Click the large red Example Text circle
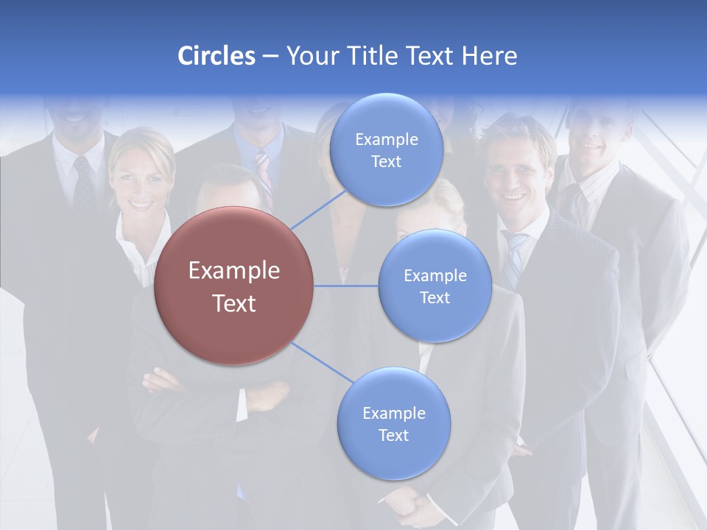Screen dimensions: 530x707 (x=233, y=286)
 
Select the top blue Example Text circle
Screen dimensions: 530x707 (x=386, y=149)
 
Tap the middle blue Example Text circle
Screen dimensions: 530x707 (x=435, y=286)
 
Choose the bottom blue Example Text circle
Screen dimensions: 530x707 (x=393, y=423)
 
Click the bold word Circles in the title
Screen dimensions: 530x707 (x=216, y=56)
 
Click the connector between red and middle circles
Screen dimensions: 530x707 (x=346, y=286)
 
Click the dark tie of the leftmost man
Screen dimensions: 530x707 (x=83, y=184)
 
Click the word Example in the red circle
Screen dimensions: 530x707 (x=233, y=271)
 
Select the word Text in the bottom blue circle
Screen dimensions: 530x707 (x=393, y=435)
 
